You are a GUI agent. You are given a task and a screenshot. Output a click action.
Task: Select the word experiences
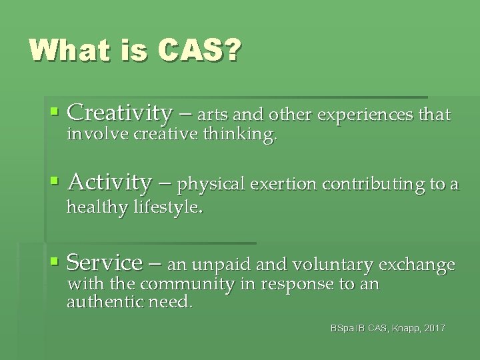click(365, 116)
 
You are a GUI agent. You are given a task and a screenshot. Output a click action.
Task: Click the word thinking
click(243, 136)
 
